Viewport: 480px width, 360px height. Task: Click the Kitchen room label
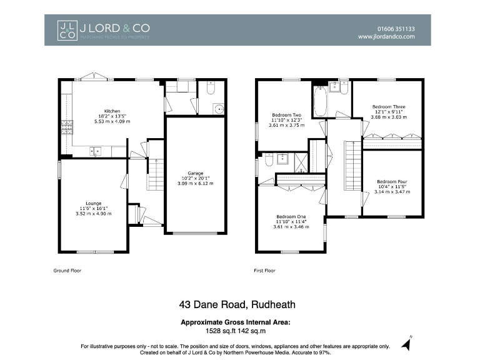click(x=112, y=116)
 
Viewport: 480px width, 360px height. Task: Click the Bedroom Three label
click(x=388, y=111)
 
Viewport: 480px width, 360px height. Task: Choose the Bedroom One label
click(x=291, y=221)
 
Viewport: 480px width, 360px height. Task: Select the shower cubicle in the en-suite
click(x=301, y=161)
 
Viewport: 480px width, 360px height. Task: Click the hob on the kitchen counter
click(x=66, y=128)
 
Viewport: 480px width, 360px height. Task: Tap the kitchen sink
click(x=96, y=150)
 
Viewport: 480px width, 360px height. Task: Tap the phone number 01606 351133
click(x=396, y=28)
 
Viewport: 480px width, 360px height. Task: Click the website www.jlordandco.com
click(x=386, y=37)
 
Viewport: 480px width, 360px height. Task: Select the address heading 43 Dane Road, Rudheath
click(x=237, y=305)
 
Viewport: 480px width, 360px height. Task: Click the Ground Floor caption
click(x=67, y=271)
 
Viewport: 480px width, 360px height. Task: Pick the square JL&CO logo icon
click(x=67, y=31)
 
